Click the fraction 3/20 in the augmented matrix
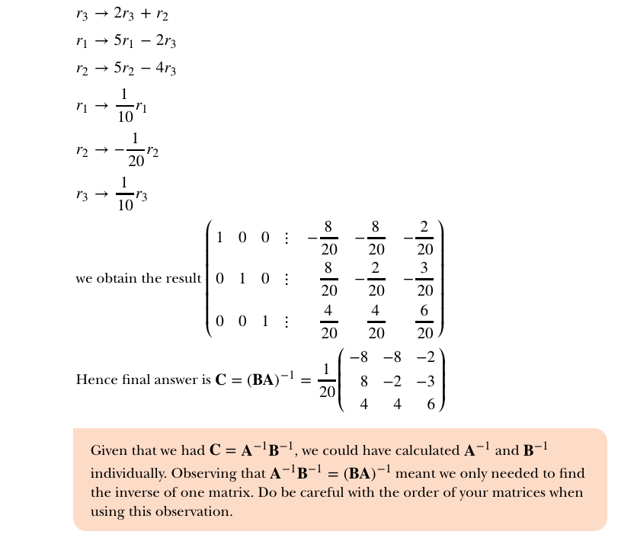(x=425, y=278)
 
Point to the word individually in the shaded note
(x=126, y=472)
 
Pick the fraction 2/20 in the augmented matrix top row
(x=425, y=236)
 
